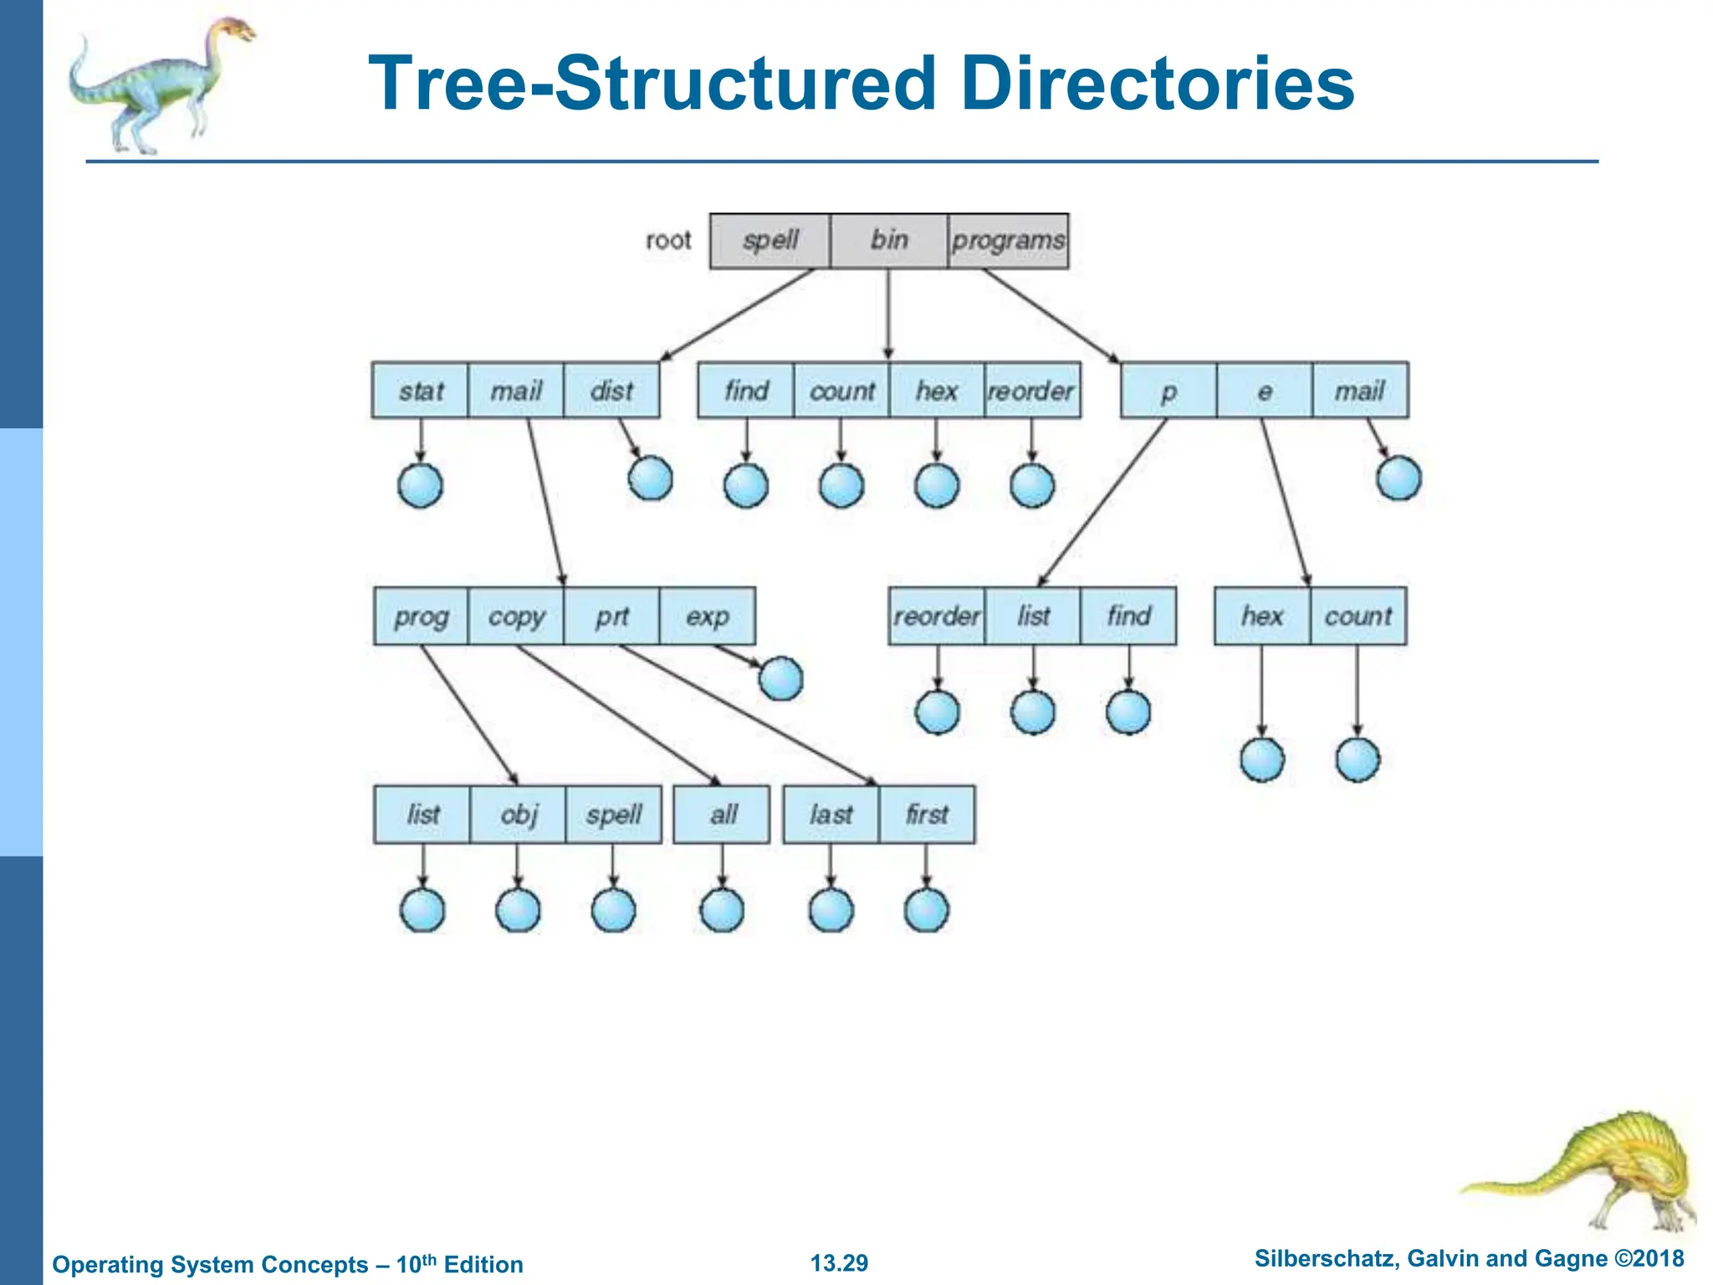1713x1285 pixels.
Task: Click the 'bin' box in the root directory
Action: [x=888, y=241]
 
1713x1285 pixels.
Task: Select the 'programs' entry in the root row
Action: [x=1008, y=241]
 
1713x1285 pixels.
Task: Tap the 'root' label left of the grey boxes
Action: [x=668, y=241]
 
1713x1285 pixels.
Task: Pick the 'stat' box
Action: [x=420, y=391]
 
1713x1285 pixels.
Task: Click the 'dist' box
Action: [x=611, y=391]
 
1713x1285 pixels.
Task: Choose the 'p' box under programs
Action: [x=1168, y=391]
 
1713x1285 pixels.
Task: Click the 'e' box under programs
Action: [x=1264, y=391]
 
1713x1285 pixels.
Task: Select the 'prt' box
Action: [x=611, y=617]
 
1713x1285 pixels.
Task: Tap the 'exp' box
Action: [x=708, y=617]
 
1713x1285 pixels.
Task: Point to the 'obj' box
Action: [x=518, y=814]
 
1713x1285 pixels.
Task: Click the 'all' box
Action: [x=722, y=814]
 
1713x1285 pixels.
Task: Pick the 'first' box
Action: [x=927, y=814]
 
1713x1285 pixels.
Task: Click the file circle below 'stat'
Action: [x=420, y=485]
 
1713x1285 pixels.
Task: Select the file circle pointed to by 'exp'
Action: [x=780, y=678]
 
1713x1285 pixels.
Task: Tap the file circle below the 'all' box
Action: [x=722, y=910]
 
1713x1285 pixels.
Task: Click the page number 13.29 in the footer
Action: [x=839, y=1263]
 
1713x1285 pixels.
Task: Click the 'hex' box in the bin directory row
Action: [x=937, y=391]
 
